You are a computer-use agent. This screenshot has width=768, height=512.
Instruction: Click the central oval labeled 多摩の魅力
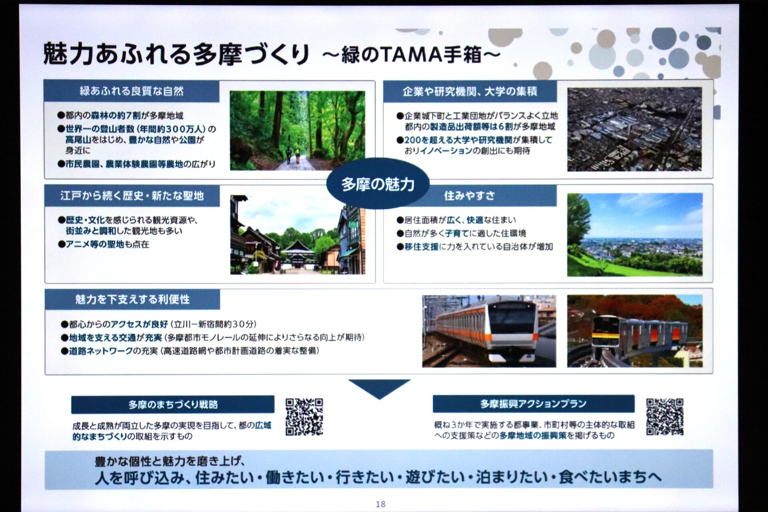[x=378, y=184]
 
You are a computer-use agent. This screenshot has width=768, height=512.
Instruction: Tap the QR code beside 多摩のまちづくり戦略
[x=304, y=416]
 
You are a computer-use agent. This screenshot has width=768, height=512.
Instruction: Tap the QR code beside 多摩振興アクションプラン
[x=665, y=416]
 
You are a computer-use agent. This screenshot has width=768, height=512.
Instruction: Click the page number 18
[x=380, y=504]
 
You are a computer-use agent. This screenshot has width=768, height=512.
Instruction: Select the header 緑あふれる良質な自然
[x=132, y=91]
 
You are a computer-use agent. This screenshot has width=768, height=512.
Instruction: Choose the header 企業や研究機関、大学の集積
[x=470, y=92]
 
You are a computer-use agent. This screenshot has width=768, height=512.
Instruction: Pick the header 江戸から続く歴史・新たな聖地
[x=132, y=196]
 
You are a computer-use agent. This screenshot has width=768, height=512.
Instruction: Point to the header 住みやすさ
[x=470, y=196]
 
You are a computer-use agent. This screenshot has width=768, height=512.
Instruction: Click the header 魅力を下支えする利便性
[x=132, y=299]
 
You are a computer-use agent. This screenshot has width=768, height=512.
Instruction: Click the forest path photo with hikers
[x=297, y=130]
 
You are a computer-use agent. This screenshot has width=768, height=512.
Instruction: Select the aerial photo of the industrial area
[x=634, y=129]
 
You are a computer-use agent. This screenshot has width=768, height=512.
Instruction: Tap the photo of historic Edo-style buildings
[x=298, y=235]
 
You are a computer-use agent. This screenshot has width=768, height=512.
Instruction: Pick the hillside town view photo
[x=635, y=235]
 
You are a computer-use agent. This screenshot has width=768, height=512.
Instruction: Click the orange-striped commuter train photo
[x=489, y=331]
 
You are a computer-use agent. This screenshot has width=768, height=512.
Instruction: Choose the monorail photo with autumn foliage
[x=635, y=331]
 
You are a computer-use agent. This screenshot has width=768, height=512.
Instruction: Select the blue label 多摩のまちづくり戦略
[x=173, y=404]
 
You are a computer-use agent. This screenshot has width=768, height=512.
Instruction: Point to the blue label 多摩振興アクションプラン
[x=534, y=404]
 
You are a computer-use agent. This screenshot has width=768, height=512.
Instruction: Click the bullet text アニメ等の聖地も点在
[x=104, y=244]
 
